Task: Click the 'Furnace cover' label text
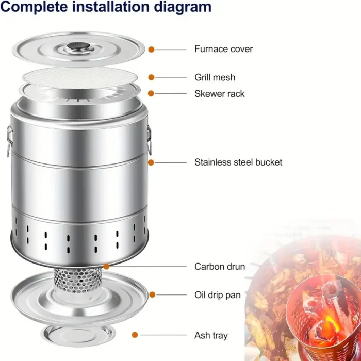click(x=223, y=49)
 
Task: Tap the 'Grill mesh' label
click(x=215, y=77)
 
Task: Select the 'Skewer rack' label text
click(x=219, y=94)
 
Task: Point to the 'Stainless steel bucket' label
click(x=238, y=162)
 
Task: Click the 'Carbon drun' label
click(x=219, y=267)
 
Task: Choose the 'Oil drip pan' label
click(x=217, y=295)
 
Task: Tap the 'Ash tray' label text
click(x=211, y=335)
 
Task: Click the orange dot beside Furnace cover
click(x=151, y=50)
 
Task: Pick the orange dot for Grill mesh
click(x=151, y=77)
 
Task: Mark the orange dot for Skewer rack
click(x=151, y=93)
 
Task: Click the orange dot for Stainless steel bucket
click(x=151, y=162)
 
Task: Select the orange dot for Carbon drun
click(x=106, y=267)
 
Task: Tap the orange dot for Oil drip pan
click(x=152, y=294)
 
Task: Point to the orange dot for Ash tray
click(x=135, y=335)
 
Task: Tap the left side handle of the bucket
click(x=9, y=141)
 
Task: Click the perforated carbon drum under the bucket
click(x=78, y=281)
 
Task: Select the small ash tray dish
click(x=78, y=336)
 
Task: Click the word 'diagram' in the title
click(x=183, y=7)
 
